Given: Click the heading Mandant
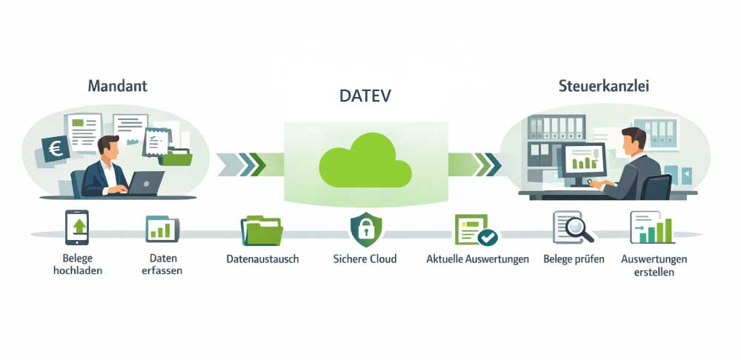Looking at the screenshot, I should [118, 85].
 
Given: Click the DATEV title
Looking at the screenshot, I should [366, 97].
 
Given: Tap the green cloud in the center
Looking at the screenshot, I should [365, 162].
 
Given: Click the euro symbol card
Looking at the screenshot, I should [55, 149].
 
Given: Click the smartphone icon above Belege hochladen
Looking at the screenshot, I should [77, 226].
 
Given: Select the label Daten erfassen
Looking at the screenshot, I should [160, 264].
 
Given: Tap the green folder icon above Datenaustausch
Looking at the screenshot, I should [262, 230].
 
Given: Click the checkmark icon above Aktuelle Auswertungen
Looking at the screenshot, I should [487, 238].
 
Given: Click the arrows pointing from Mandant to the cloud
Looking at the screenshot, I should [245, 162].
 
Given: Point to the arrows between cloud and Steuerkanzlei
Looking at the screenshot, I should [485, 162].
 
